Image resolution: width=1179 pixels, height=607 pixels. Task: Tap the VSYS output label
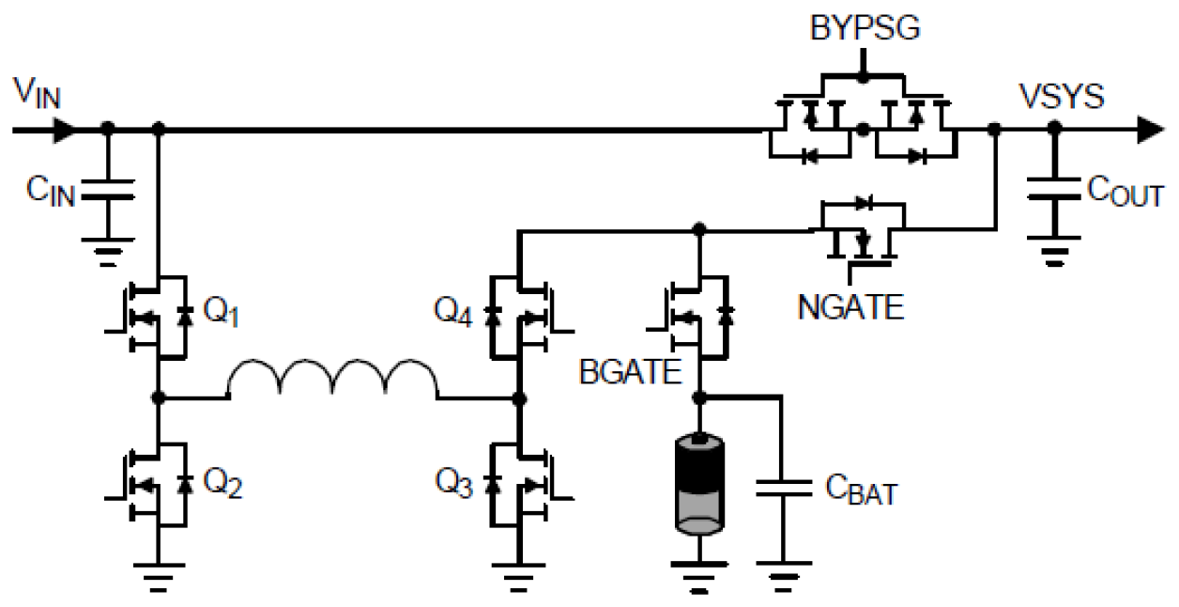click(x=1062, y=98)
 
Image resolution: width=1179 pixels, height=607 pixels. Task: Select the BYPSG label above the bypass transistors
click(x=865, y=29)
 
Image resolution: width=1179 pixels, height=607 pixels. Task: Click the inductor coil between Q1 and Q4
click(x=332, y=381)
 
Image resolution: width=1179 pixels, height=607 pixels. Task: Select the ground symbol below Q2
click(x=159, y=569)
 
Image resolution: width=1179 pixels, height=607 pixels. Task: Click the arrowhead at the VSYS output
click(x=1150, y=131)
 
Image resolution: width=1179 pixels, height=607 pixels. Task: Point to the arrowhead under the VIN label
click(x=63, y=129)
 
